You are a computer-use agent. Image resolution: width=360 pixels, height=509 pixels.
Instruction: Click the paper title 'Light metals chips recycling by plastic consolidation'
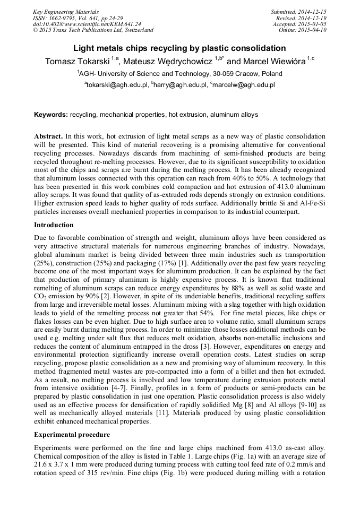coord(179,48)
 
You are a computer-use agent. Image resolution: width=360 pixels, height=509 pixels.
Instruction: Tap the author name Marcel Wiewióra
coord(273,62)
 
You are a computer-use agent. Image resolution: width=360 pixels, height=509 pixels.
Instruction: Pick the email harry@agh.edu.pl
coord(180,85)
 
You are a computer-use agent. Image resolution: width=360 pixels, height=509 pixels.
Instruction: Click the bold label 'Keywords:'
coord(50,115)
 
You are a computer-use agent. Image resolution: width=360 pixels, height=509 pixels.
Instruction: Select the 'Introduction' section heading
coord(54,225)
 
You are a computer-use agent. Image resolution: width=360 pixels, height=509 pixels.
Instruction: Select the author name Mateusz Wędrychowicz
coord(167,62)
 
